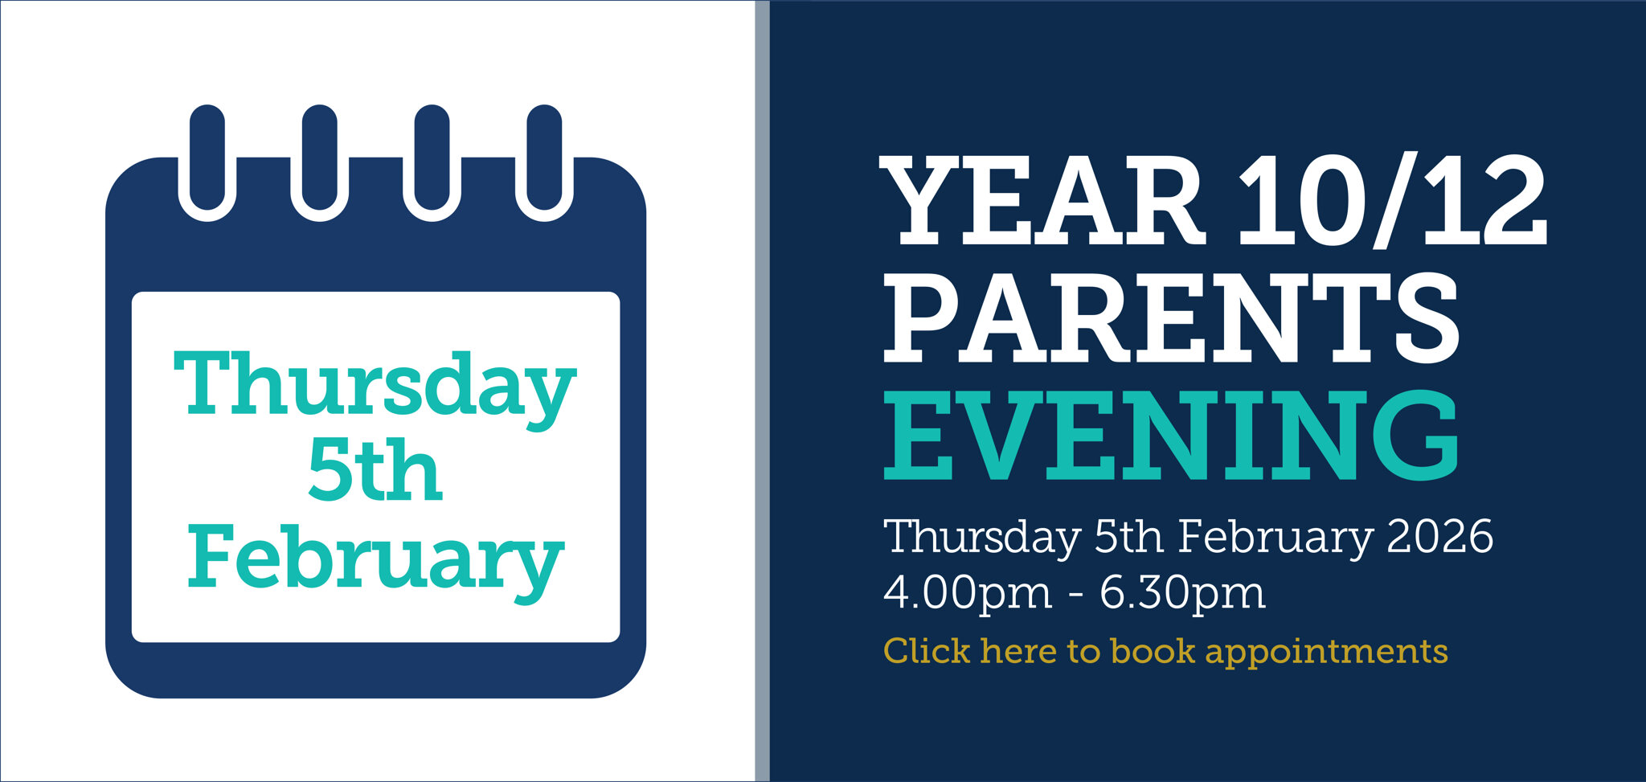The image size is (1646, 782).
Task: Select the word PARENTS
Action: pyautogui.click(x=1171, y=317)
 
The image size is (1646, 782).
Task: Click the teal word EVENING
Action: pyautogui.click(x=1171, y=436)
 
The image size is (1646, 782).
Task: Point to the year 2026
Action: pyautogui.click(x=1440, y=536)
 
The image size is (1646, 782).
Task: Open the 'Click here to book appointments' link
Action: pyautogui.click(x=1165, y=652)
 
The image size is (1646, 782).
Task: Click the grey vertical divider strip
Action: pyautogui.click(x=762, y=391)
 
